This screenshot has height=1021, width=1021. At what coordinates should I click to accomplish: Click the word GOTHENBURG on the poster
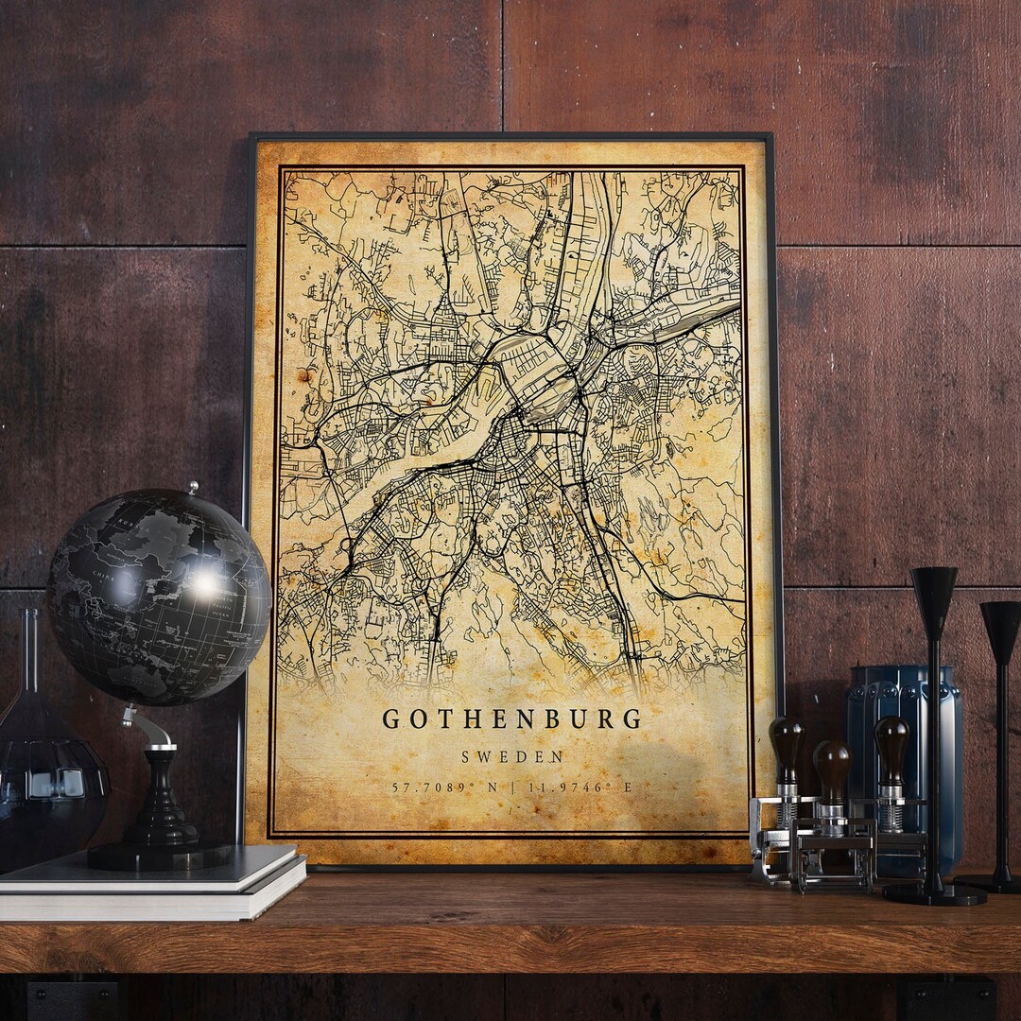click(x=511, y=719)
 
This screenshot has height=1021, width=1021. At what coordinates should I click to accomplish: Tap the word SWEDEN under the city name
click(x=512, y=757)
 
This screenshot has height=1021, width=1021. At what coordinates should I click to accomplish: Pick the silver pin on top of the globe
click(x=193, y=488)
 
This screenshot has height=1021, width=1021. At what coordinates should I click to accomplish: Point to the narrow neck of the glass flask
click(x=31, y=652)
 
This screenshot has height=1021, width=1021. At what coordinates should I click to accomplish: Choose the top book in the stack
click(x=151, y=868)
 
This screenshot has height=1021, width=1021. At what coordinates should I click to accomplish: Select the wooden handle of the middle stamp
click(x=832, y=768)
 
